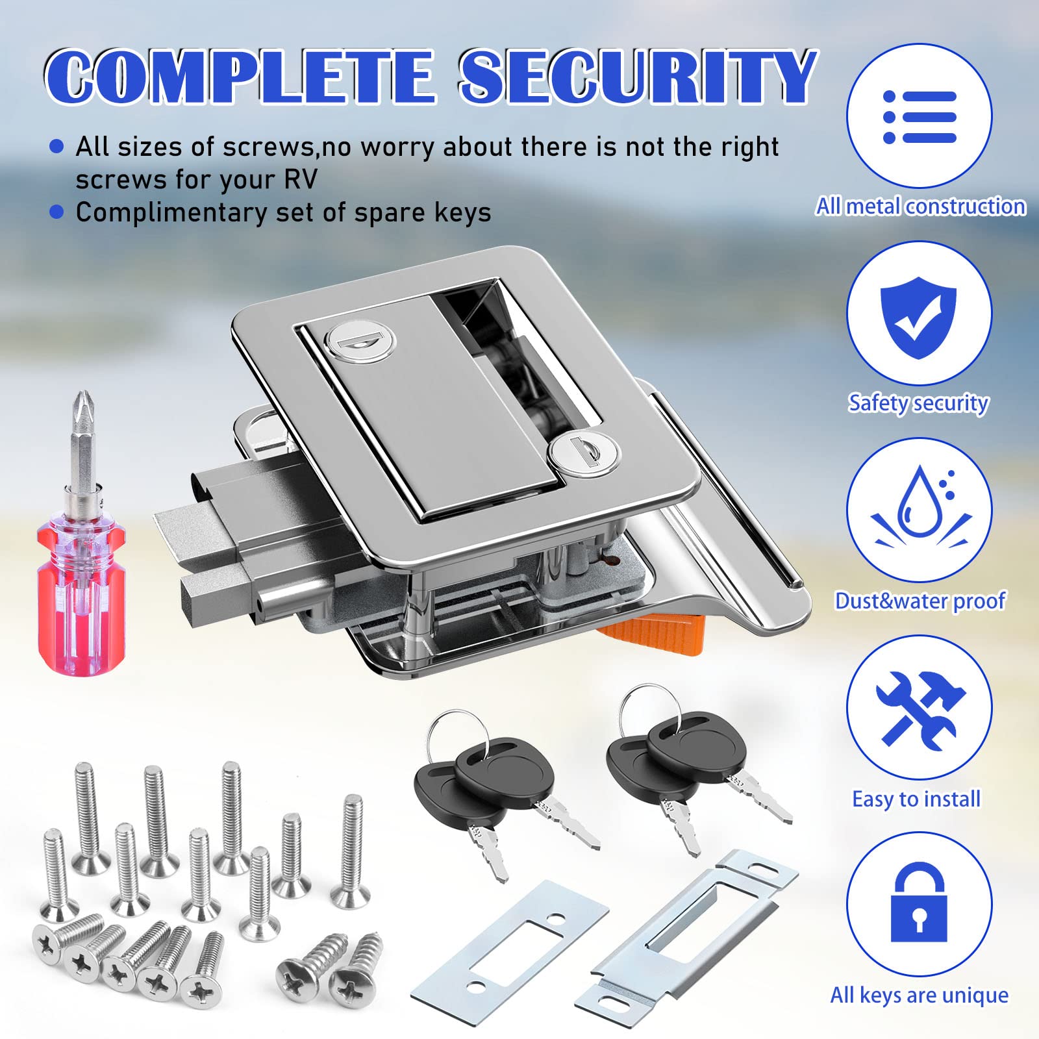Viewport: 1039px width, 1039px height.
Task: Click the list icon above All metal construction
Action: pyautogui.click(x=920, y=117)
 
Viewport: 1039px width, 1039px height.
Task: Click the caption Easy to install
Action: pyautogui.click(x=916, y=799)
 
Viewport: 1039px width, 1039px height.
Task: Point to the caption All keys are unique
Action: pyautogui.click(x=920, y=995)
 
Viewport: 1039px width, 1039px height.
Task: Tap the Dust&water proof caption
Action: pyautogui.click(x=920, y=601)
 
